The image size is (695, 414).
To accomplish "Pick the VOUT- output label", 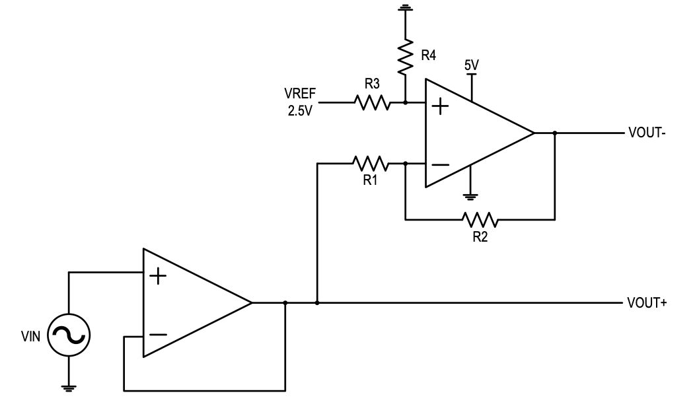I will point(647,133).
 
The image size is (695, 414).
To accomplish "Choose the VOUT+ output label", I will point(647,304).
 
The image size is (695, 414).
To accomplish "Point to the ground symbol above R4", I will point(404,9).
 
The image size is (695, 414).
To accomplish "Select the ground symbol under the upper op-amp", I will point(470,195).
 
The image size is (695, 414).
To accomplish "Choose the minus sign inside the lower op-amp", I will point(158,335).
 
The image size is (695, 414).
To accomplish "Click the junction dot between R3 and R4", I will point(404,102).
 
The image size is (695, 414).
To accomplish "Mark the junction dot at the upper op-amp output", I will point(555,133).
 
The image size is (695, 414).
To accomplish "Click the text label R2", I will point(480,236).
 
